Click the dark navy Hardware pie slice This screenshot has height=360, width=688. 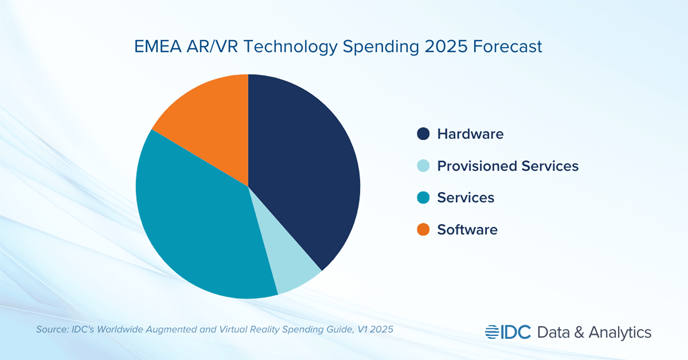tap(304, 172)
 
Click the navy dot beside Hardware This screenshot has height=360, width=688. tap(423, 134)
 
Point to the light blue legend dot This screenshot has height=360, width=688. tap(423, 166)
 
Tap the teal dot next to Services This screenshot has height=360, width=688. tap(423, 198)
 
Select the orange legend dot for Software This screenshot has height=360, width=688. tap(423, 230)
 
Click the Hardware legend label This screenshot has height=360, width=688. tap(470, 134)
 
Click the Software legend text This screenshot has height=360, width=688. tap(467, 230)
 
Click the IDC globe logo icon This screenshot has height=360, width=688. tap(492, 332)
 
